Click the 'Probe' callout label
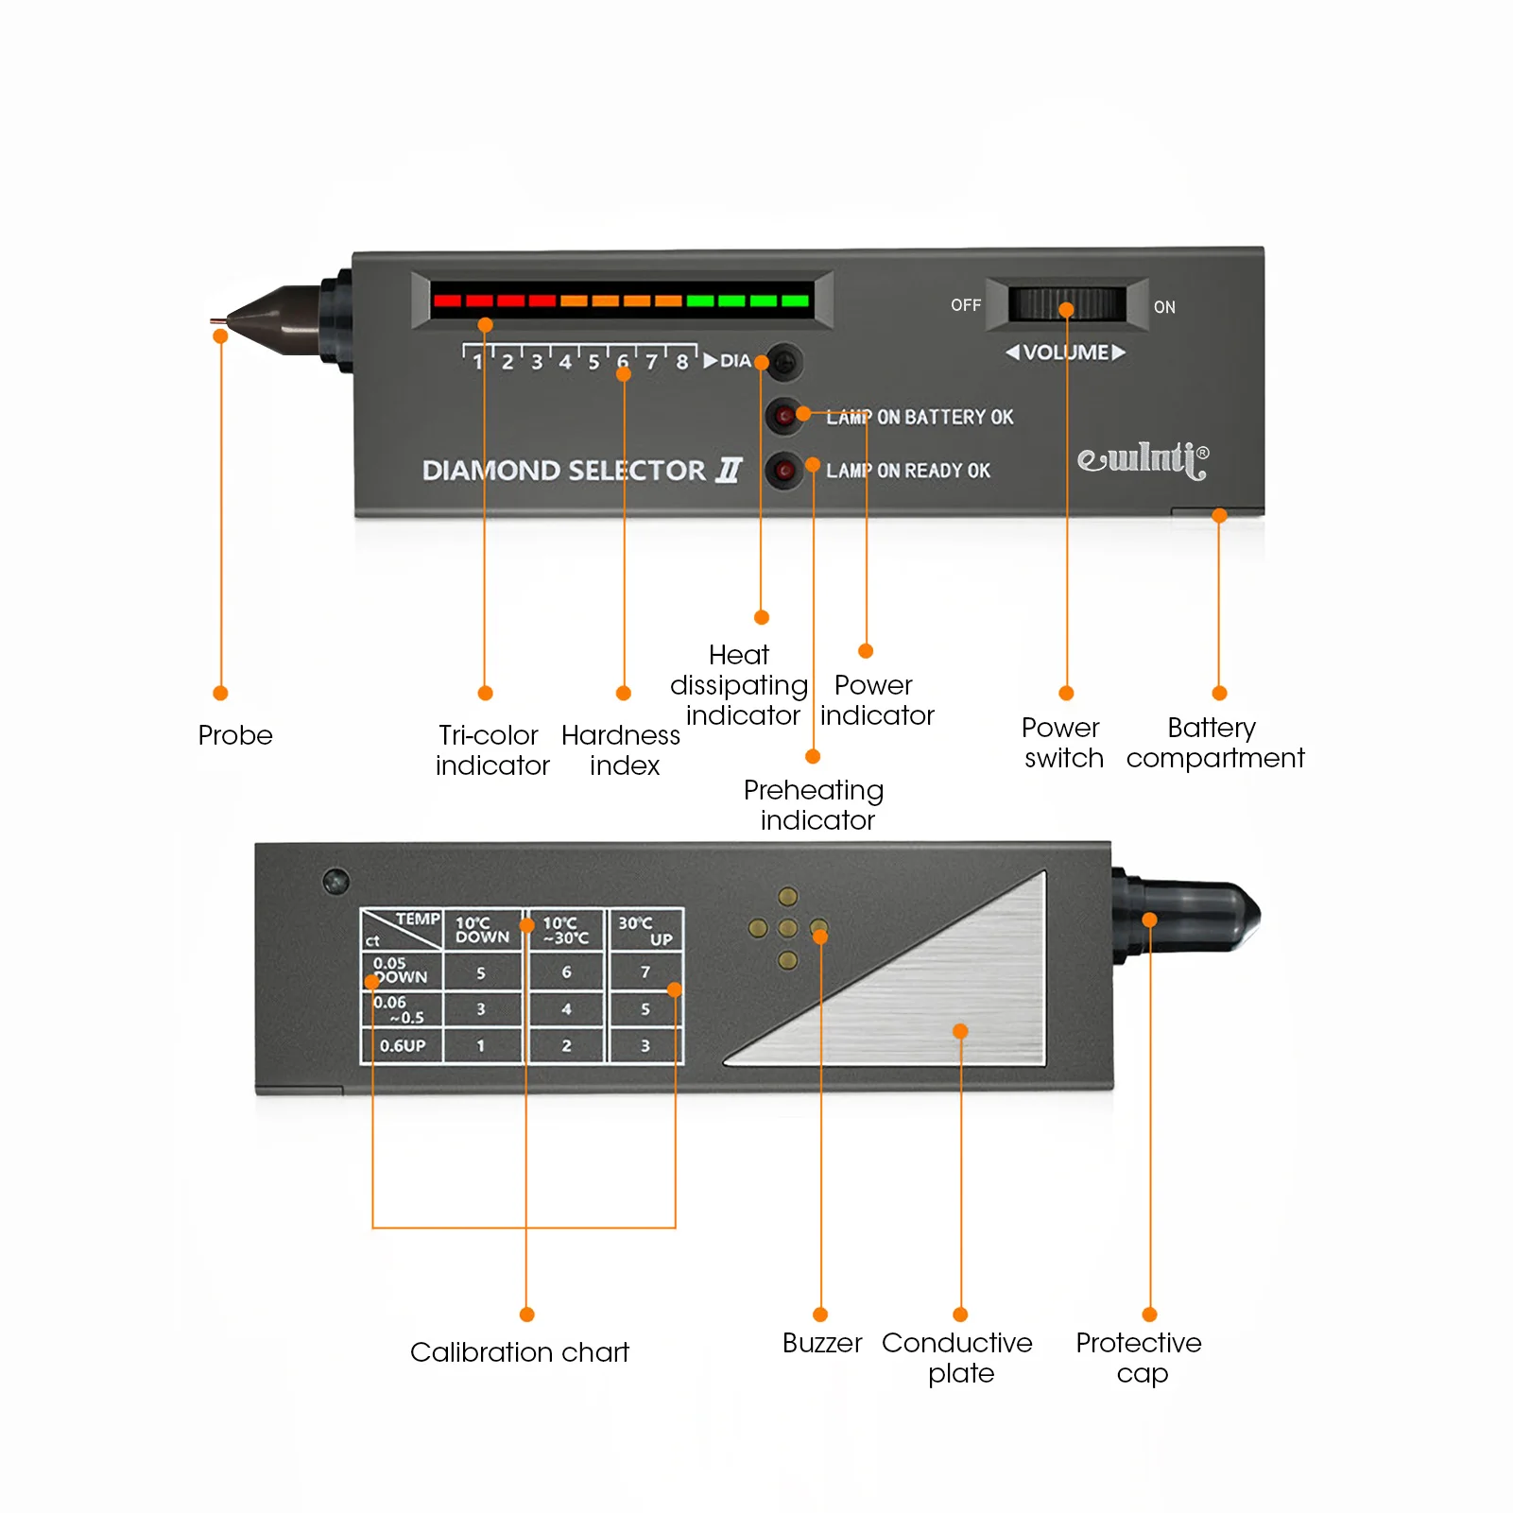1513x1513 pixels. (x=235, y=735)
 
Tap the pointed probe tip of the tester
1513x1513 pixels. (x=216, y=321)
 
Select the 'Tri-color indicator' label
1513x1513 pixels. (x=491, y=750)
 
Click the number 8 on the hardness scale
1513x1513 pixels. (x=681, y=362)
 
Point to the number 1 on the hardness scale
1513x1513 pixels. (x=477, y=362)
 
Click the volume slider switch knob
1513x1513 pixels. (x=1067, y=304)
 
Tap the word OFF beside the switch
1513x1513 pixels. (x=965, y=305)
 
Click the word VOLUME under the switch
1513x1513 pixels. (x=1066, y=352)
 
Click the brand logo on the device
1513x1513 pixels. (x=1143, y=459)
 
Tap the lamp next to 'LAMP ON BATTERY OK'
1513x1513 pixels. (x=783, y=416)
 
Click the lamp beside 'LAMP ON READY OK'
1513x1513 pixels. (x=783, y=470)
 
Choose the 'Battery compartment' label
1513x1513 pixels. (x=1214, y=743)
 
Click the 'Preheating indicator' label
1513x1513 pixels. (x=815, y=804)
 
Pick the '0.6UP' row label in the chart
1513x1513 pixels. (x=403, y=1045)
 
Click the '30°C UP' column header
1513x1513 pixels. (x=645, y=930)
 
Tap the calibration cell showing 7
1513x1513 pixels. (x=645, y=971)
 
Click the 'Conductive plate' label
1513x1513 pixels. (x=957, y=1357)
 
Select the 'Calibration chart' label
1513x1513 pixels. (x=519, y=1352)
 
